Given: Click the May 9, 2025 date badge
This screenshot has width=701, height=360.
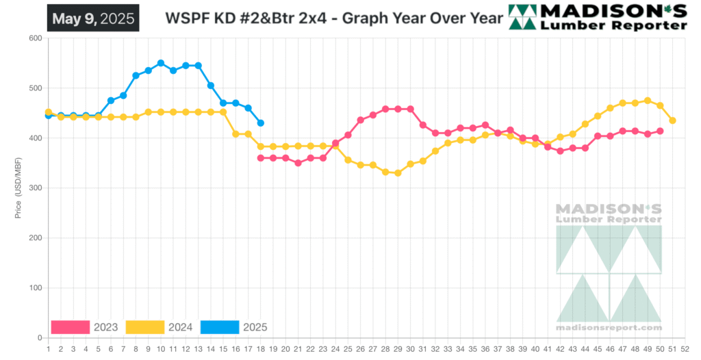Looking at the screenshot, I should tap(92, 18).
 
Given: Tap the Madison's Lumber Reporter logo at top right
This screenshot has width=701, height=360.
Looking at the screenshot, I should tap(598, 17).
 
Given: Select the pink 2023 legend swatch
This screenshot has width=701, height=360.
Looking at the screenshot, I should tap(71, 327).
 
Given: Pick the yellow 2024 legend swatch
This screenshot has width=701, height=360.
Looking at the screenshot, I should tap(145, 327).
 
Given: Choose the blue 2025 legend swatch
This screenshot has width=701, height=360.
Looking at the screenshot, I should tap(220, 327).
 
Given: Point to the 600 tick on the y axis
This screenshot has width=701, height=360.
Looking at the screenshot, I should tap(34, 38).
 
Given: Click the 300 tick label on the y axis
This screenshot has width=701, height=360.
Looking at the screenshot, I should tap(34, 188).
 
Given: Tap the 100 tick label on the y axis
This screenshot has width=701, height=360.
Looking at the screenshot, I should tap(34, 288).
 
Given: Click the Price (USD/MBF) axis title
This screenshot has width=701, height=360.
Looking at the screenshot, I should tap(18, 188).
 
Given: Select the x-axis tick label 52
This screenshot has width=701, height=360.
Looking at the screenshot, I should tap(685, 349).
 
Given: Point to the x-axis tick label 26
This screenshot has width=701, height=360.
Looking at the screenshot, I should tap(360, 349).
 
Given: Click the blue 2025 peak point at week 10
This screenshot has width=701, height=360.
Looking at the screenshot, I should tap(161, 63).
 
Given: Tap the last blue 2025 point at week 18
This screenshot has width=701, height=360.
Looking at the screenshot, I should tap(261, 123).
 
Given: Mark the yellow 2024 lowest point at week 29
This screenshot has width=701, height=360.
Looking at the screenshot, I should tap(398, 173).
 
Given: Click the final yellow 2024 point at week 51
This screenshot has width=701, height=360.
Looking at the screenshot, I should tap(673, 120).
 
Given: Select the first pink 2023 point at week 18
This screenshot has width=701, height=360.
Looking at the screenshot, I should tap(261, 158).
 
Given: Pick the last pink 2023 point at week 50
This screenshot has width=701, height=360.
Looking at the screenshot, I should tap(661, 131).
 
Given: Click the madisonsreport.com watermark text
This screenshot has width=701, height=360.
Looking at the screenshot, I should tap(609, 328).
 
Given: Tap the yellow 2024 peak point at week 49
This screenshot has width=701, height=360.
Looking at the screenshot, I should tap(648, 101).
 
